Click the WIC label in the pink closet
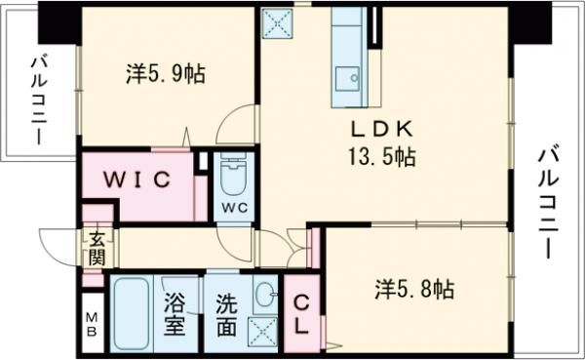click(139, 180)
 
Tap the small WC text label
click(232, 209)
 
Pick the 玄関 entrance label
click(97, 249)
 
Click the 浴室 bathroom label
click(175, 314)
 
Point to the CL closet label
click(301, 314)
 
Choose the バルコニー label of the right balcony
click(547, 202)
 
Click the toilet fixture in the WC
click(233, 177)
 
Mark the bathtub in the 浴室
click(131, 313)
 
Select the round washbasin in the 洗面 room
click(264, 292)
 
